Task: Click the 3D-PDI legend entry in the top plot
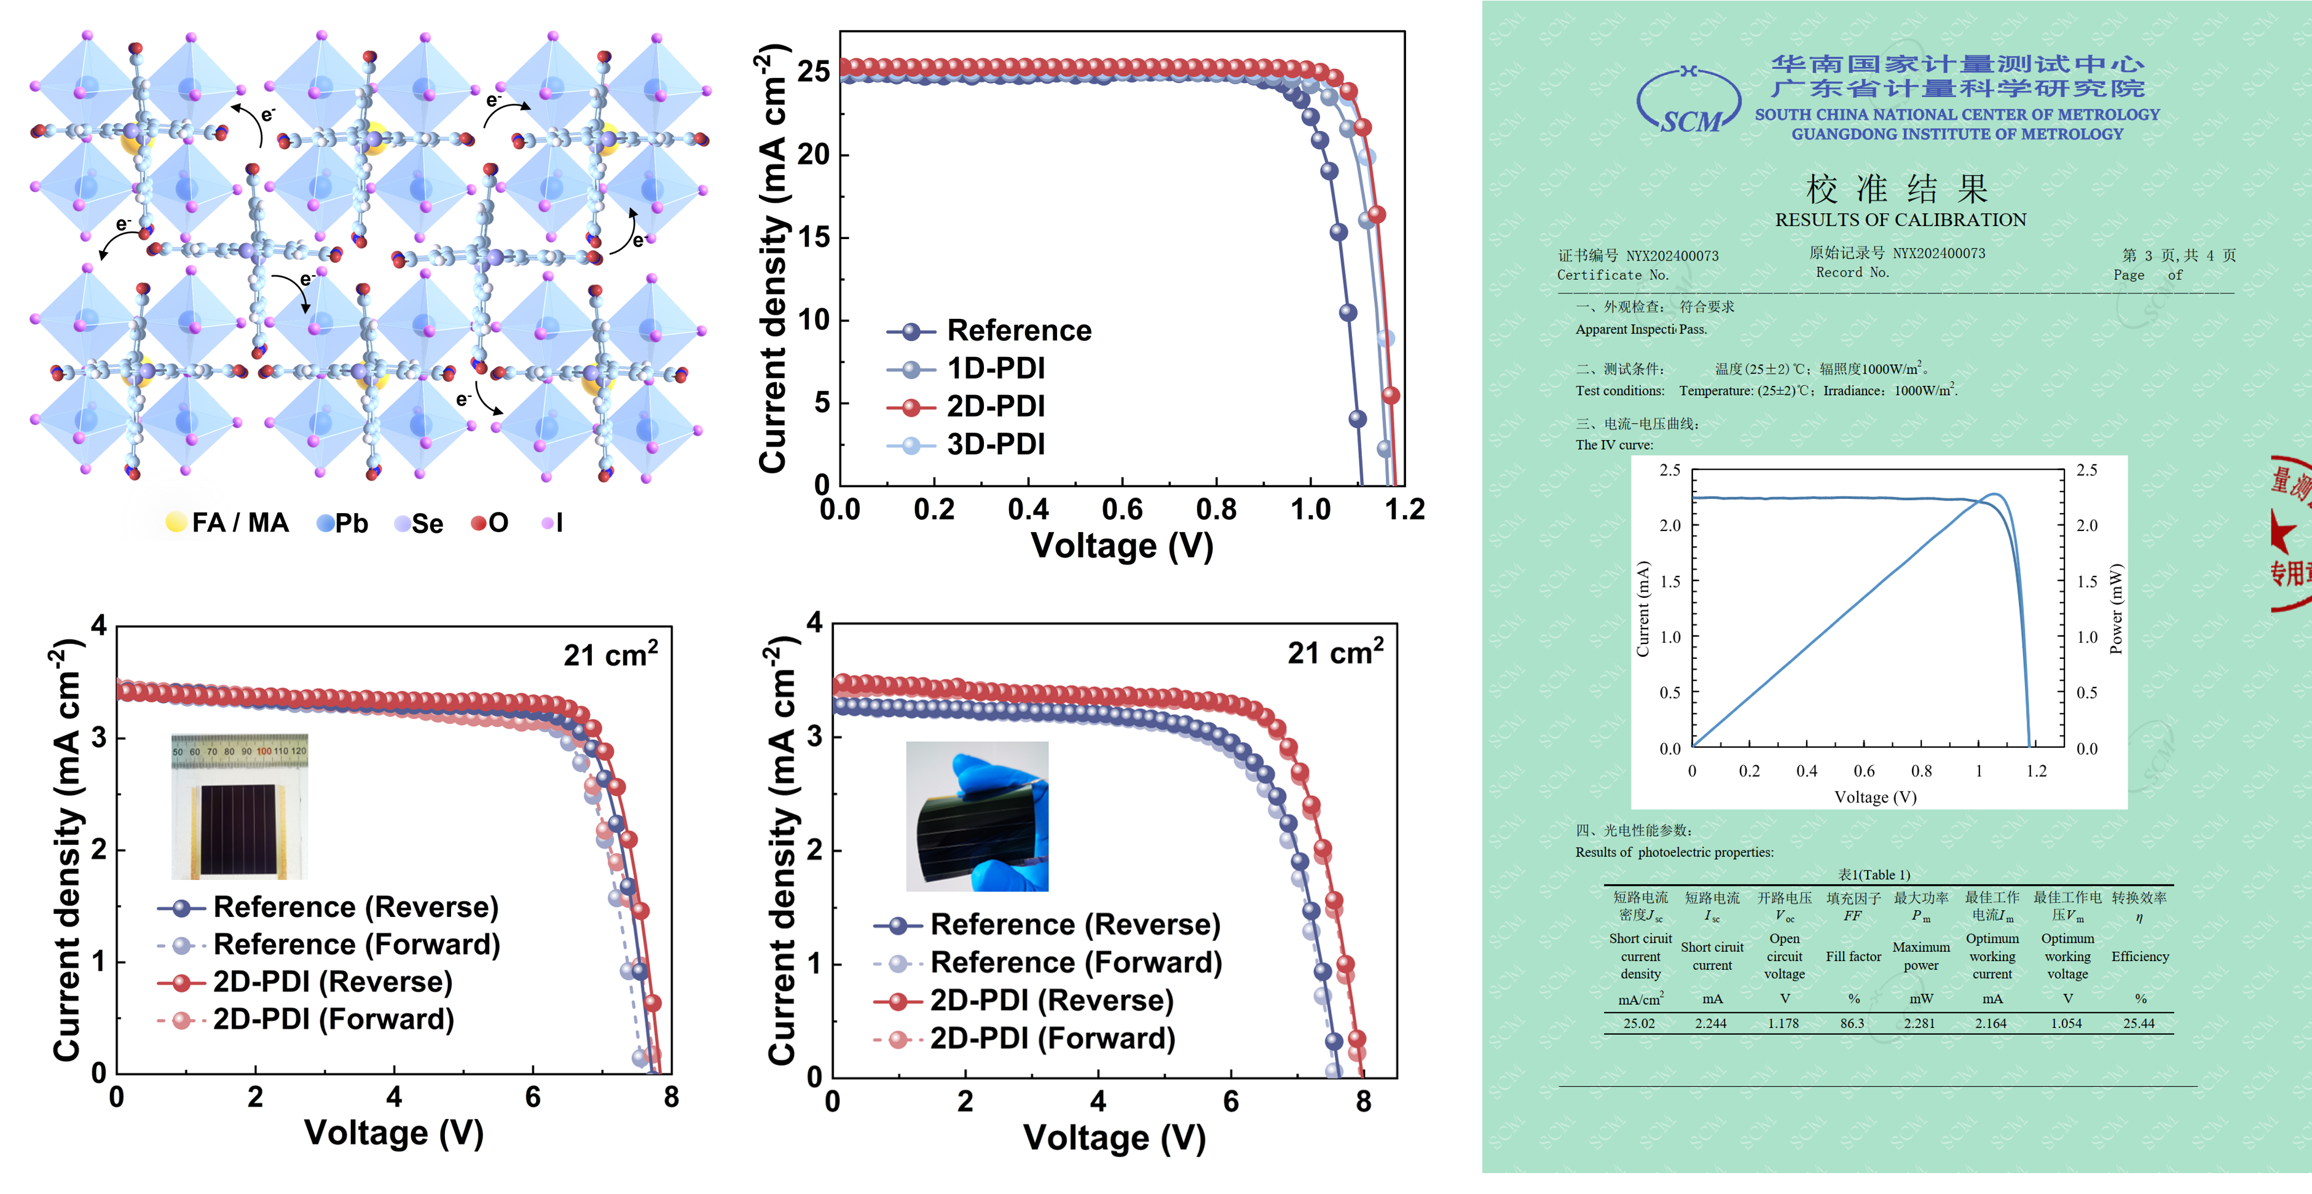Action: coord(994,444)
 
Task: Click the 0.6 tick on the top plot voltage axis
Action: coord(1122,510)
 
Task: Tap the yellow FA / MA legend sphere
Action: coord(176,522)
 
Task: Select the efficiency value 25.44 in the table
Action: coord(2139,1023)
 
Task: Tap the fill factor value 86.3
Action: coord(1852,1023)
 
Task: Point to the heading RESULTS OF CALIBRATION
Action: coord(1900,220)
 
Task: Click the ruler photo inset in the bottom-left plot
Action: coord(240,806)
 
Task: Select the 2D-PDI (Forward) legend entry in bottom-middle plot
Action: coord(1052,1039)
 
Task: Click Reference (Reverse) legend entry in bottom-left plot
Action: coord(355,907)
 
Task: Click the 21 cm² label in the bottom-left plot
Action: coord(610,654)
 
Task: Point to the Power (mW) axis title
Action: coord(2117,608)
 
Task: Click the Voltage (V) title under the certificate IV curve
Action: coord(1875,797)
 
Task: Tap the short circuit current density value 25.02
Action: coord(1639,1023)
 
